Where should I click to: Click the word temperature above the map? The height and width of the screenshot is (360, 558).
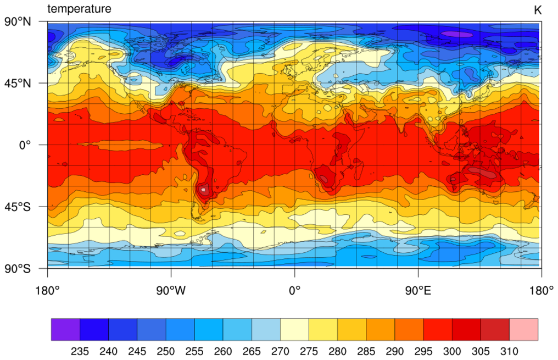tap(79, 9)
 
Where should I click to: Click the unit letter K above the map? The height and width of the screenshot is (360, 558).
tap(537, 10)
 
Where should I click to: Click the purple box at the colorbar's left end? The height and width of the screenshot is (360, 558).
tap(65, 329)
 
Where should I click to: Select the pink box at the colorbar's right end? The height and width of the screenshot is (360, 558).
tap(523, 329)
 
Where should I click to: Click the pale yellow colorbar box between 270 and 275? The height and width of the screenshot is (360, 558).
tap(294, 329)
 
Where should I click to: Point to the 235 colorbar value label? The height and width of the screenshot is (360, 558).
tap(80, 351)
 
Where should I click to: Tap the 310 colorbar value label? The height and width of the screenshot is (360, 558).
tap(509, 351)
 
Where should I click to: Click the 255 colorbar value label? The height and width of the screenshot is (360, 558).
tap(194, 351)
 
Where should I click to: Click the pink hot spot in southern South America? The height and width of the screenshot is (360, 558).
tap(204, 190)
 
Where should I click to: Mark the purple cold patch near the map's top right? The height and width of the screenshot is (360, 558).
tap(457, 34)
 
